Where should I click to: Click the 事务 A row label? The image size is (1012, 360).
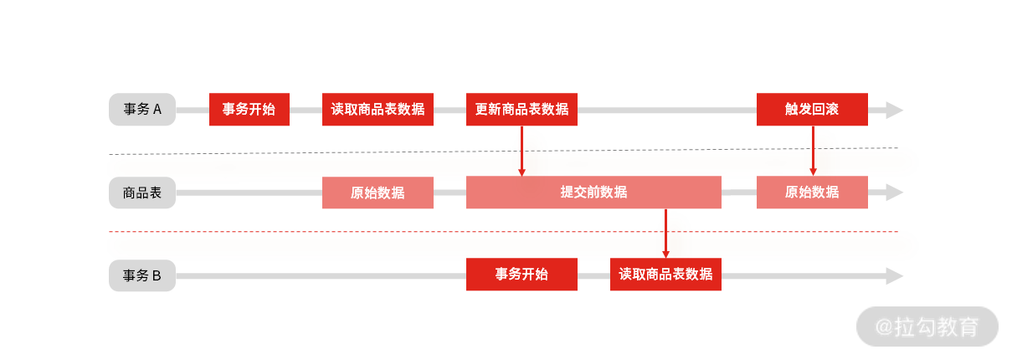pos(142,109)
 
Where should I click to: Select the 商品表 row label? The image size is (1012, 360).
pos(142,193)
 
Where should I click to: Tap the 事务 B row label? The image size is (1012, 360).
pos(142,275)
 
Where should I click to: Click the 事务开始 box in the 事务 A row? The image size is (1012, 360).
pos(249,109)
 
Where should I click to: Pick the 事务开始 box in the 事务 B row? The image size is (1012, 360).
pos(521,275)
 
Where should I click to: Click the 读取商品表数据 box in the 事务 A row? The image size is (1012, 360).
pos(378,109)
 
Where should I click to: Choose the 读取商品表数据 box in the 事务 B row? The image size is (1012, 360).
pos(665,275)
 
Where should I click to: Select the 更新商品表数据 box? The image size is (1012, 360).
pos(521,109)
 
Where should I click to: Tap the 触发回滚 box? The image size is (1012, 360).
pos(812,109)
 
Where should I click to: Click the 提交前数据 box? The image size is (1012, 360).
pos(593,193)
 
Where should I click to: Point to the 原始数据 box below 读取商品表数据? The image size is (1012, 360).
pos(378,193)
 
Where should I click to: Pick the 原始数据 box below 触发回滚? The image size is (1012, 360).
pos(812,193)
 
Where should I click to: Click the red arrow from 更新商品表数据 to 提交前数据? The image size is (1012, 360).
pos(521,151)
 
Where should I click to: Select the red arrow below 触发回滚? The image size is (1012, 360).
pos(813,151)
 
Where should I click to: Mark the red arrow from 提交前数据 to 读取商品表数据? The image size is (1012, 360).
pos(665,233)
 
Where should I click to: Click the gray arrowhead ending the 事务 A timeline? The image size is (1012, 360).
pos(894,110)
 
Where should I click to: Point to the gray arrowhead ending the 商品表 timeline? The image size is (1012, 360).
pos(894,193)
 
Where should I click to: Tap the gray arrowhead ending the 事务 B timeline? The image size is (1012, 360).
pos(894,275)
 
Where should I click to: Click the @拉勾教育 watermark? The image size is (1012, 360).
pos(927,327)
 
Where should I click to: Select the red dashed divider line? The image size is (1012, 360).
pos(502,231)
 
